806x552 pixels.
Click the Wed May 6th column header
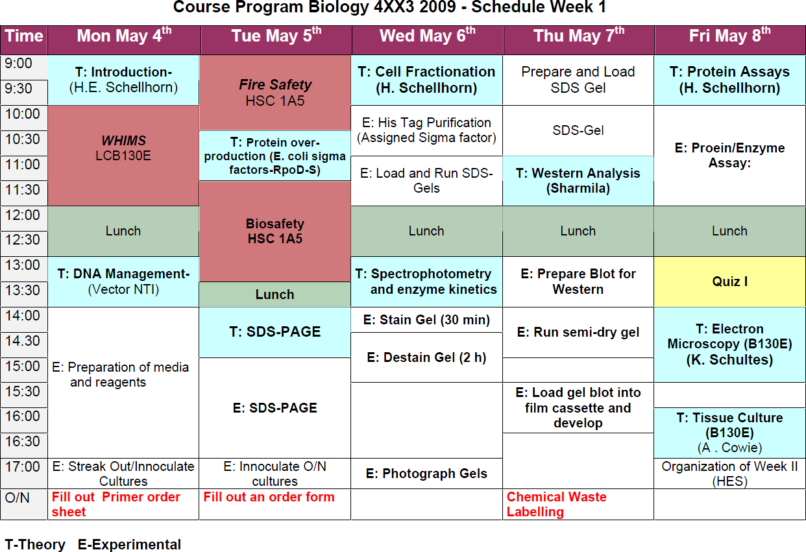427,36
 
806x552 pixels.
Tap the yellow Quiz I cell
729,282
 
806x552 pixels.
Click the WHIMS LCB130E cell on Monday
123,148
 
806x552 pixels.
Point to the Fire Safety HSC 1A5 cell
275,92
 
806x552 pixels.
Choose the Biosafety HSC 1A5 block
275,231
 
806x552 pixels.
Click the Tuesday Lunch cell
275,294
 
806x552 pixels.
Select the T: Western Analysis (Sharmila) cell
578,181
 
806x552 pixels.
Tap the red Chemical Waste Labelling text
557,504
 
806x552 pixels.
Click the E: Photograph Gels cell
426,474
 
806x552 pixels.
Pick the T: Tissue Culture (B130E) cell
729,433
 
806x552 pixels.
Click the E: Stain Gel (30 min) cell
426,320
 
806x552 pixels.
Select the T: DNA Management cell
123,282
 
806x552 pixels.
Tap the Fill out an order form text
269,498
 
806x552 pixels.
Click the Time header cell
24,36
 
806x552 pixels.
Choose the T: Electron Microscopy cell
729,344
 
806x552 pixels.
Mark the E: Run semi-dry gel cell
578,333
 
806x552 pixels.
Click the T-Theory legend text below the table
35,544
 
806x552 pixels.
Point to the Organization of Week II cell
729,474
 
